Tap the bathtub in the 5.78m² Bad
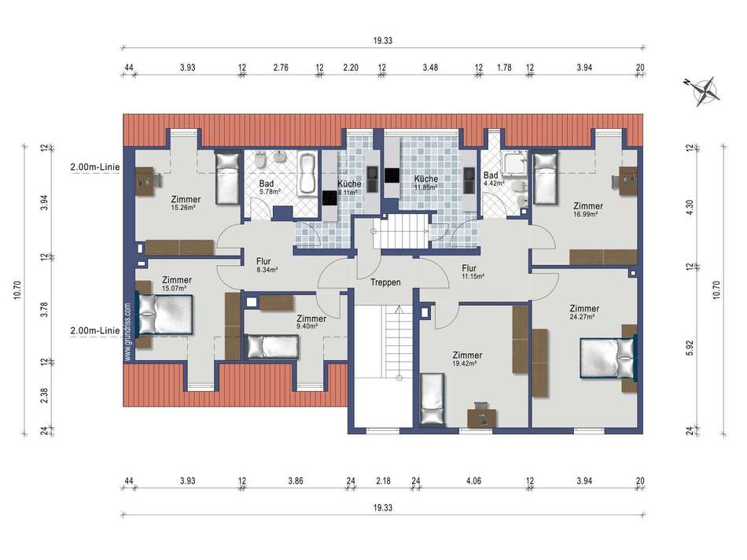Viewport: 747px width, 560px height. tap(307, 174)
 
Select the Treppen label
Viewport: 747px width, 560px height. tap(385, 282)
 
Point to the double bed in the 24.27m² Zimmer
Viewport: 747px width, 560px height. tap(609, 357)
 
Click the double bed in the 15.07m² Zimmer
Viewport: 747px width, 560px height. tap(164, 314)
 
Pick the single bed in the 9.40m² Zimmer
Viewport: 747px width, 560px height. tap(273, 347)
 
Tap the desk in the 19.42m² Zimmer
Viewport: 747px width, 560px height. tap(482, 417)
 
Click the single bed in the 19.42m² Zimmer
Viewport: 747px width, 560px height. tap(432, 400)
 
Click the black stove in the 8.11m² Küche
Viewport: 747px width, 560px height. tap(329, 197)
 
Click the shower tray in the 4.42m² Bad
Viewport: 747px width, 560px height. tap(515, 165)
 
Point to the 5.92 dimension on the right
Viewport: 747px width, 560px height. tap(690, 348)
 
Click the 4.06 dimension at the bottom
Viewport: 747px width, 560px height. tap(473, 481)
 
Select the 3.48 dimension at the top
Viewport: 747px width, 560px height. tap(430, 68)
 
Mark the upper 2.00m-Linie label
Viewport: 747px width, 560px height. tap(95, 168)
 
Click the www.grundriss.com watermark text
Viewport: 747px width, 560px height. tap(127, 332)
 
